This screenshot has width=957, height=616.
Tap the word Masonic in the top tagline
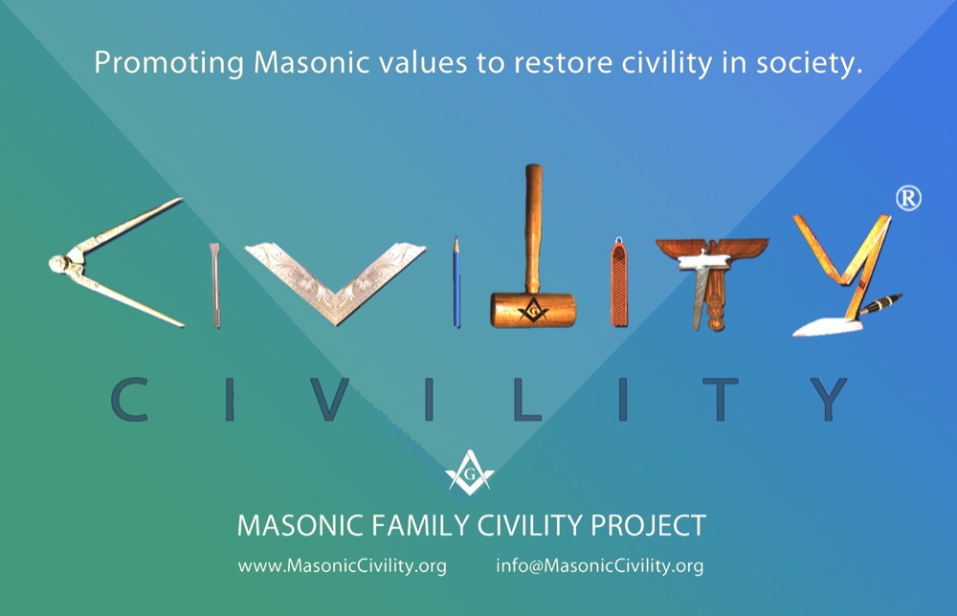pyautogui.click(x=311, y=62)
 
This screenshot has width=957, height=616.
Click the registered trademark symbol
pyautogui.click(x=908, y=199)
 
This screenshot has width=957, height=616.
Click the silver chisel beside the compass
pyautogui.click(x=215, y=285)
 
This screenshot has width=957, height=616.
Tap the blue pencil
pyautogui.click(x=456, y=282)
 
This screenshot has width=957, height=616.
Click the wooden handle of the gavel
pyautogui.click(x=533, y=229)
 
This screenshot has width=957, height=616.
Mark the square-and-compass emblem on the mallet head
pyautogui.click(x=533, y=310)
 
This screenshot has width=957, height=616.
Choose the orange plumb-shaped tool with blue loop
pyautogui.click(x=619, y=282)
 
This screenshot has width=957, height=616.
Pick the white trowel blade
pyautogui.click(x=828, y=327)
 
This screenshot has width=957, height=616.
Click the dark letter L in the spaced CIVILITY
pyautogui.click(x=526, y=400)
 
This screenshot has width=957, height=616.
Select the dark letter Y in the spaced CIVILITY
pyautogui.click(x=828, y=400)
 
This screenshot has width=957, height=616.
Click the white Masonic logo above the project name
pyautogui.click(x=469, y=473)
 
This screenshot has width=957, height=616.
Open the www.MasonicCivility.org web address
pyautogui.click(x=343, y=566)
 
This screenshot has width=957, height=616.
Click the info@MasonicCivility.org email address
pyautogui.click(x=599, y=566)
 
